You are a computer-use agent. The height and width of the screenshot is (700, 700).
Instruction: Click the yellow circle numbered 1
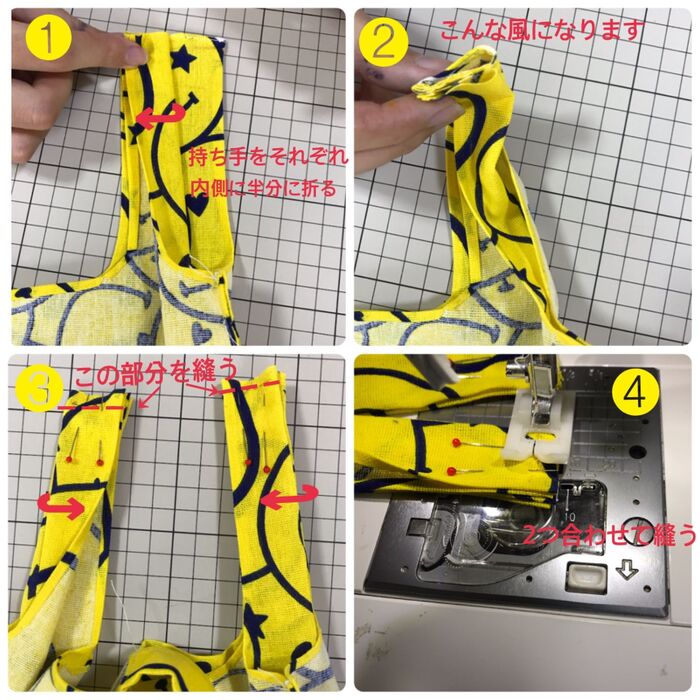click(x=49, y=38)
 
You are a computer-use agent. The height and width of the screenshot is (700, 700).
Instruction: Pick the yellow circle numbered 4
click(x=635, y=394)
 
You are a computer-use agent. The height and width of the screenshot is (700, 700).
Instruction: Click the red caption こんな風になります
click(x=542, y=30)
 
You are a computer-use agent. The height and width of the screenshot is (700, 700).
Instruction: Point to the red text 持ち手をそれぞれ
click(x=268, y=158)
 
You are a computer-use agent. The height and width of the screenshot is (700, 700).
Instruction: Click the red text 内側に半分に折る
click(x=264, y=188)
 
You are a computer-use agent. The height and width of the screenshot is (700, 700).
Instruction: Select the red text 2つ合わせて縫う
click(x=609, y=535)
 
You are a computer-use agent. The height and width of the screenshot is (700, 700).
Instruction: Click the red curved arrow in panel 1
click(x=160, y=116)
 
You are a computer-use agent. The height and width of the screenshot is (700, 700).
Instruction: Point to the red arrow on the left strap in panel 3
click(x=62, y=507)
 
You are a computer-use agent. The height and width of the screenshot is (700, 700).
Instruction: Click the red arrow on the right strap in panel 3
click(x=289, y=496)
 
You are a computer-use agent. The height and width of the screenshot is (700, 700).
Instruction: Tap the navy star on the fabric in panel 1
click(x=184, y=58)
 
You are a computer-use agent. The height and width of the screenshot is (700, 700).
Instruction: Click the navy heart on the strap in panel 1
click(x=199, y=205)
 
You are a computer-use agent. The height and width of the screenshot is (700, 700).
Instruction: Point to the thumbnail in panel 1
click(x=135, y=55)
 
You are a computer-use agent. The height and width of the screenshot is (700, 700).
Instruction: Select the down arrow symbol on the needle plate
click(x=627, y=571)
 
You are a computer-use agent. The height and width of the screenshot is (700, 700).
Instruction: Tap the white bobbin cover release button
click(x=587, y=579)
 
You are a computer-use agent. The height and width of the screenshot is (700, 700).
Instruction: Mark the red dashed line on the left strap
click(x=92, y=407)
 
